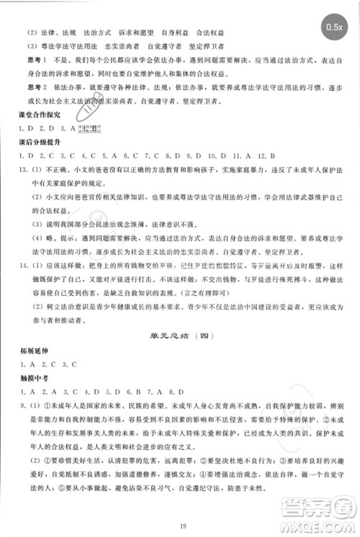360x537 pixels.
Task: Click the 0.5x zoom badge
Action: click(334, 27)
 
